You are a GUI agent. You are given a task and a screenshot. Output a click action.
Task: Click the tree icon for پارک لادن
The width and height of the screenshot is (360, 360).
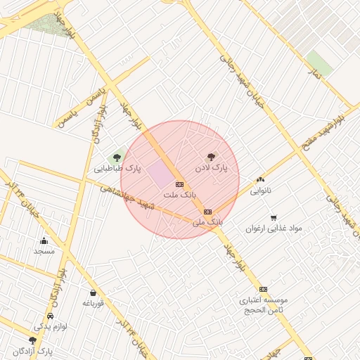pos(210,157)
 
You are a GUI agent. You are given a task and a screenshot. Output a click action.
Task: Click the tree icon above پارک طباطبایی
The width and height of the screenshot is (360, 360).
pos(117,158)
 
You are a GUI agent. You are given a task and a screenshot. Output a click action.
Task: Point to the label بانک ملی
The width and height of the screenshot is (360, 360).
pos(207,222)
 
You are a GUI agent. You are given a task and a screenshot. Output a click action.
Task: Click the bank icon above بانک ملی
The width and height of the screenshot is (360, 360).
pos(207,212)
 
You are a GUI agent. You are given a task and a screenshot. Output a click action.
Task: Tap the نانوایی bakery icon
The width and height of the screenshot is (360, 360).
pos(261,180)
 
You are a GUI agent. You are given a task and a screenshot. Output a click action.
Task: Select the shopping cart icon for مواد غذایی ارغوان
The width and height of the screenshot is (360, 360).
pos(274,217)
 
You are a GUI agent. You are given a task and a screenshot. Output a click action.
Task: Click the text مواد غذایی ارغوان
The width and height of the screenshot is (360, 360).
pos(274,229)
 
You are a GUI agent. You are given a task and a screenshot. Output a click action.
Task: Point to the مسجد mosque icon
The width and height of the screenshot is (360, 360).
pos(44,240)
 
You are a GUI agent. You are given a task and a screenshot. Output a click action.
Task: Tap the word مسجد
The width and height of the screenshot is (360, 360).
pos(44,251)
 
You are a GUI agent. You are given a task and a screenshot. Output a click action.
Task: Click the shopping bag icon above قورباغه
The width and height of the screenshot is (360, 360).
pos(93,292)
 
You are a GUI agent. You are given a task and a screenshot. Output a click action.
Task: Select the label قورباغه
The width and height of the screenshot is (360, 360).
pos(93,303)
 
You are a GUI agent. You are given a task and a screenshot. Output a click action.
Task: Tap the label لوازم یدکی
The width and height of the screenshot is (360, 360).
pos(48,327)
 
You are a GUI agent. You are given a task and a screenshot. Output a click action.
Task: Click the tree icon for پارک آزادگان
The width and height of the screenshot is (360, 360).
pos(32,340)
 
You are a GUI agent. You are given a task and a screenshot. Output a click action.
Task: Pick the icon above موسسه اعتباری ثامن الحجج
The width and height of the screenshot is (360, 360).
pos(263,289)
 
